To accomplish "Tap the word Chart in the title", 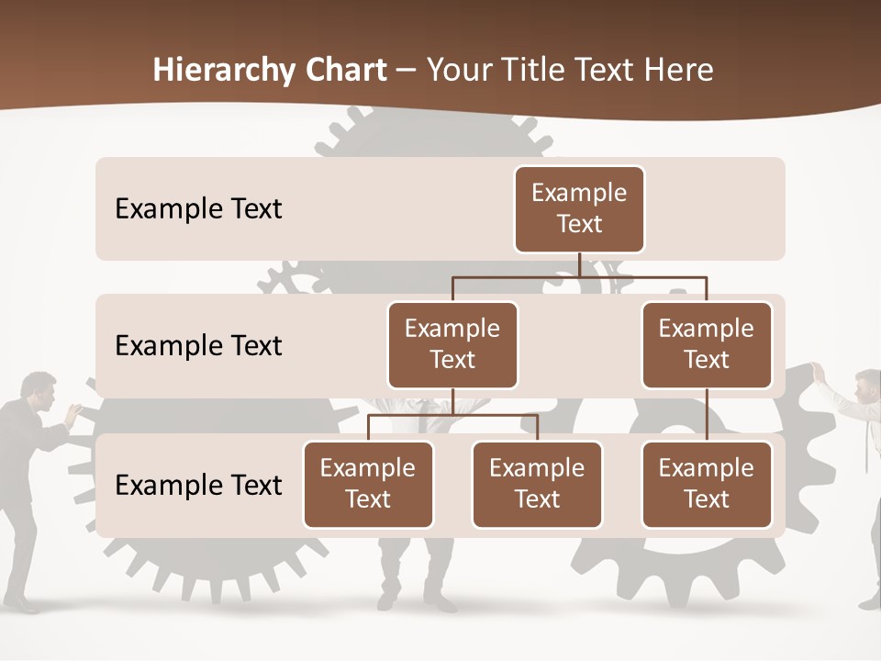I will click(346, 70).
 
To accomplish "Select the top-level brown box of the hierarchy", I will click(579, 208).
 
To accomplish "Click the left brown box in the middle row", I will click(452, 344).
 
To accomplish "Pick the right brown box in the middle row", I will click(707, 344).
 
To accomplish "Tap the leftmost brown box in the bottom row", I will click(368, 484).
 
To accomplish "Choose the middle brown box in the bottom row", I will click(537, 484).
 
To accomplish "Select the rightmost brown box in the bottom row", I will click(707, 484).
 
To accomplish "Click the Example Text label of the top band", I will click(198, 209).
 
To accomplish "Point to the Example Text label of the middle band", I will click(198, 346).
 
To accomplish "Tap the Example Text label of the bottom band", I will click(198, 486).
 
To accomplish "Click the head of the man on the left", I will click(39, 389).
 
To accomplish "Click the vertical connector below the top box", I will click(579, 264).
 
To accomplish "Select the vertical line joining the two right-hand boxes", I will click(707, 414).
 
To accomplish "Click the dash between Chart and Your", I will click(406, 71).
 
